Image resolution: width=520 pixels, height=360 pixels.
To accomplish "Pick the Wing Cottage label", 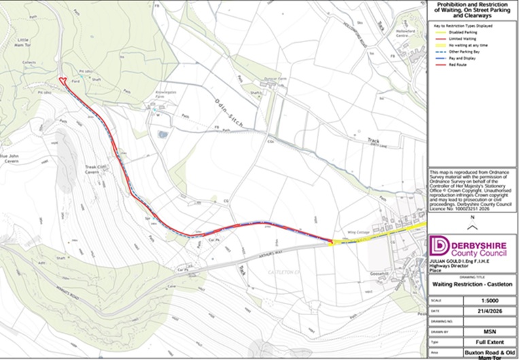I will click(356, 231).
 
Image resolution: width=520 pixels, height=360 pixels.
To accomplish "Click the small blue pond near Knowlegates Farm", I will click(161, 134).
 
